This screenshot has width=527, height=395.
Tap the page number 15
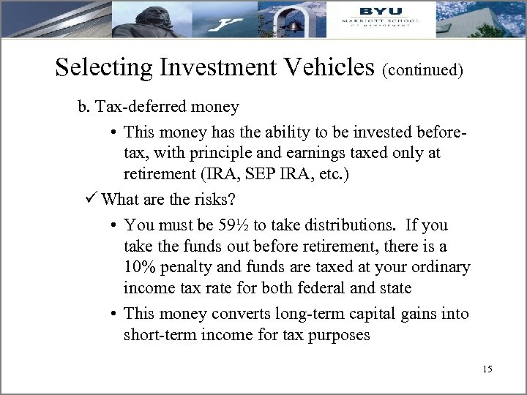(x=487, y=369)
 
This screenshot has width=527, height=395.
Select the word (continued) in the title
(x=422, y=70)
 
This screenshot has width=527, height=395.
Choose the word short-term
(x=160, y=334)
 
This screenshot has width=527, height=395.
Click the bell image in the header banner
(x=293, y=23)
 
